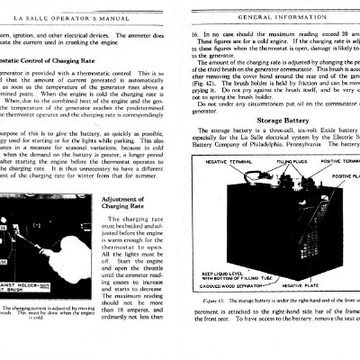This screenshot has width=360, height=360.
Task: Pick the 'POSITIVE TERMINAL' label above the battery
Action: [340, 162]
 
